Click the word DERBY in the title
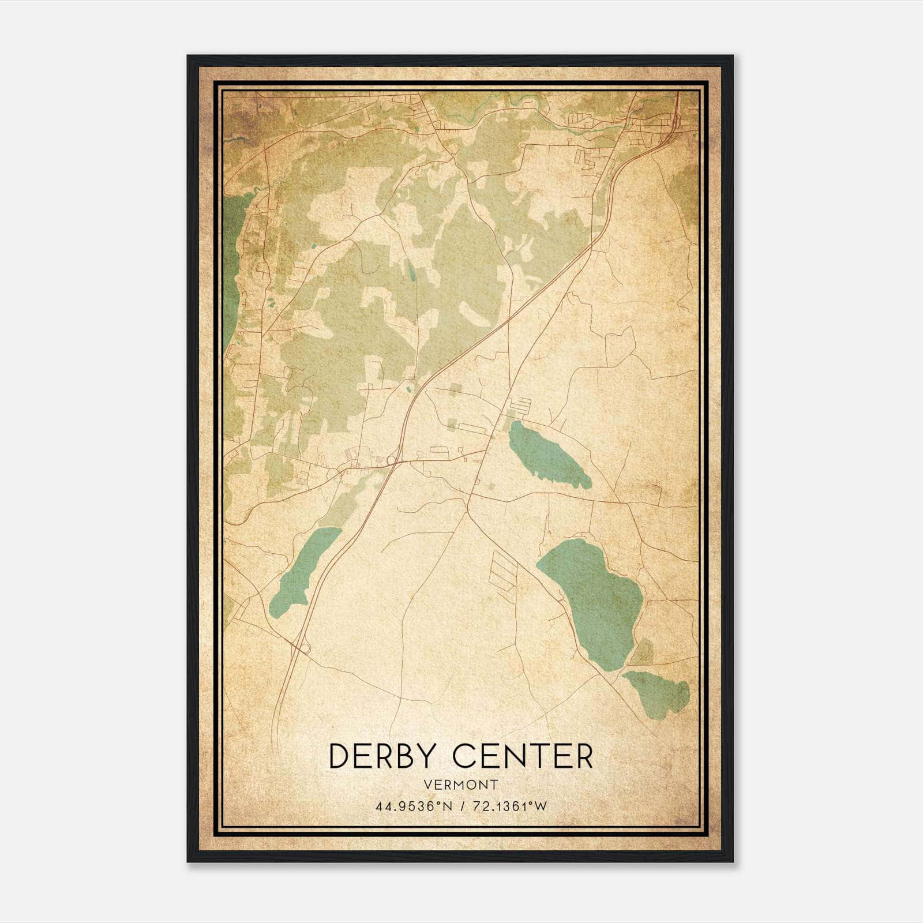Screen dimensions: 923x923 pyautogui.click(x=385, y=756)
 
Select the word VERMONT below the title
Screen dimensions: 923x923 pyautogui.click(x=460, y=785)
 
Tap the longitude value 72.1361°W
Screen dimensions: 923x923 pyautogui.click(x=510, y=806)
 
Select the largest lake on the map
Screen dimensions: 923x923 pyautogui.click(x=594, y=600)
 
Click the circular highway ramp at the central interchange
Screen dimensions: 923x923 pyautogui.click(x=392, y=460)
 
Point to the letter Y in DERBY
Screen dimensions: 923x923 pyautogui.click(x=434, y=756)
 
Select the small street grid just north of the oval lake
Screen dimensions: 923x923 pyautogui.click(x=522, y=406)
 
